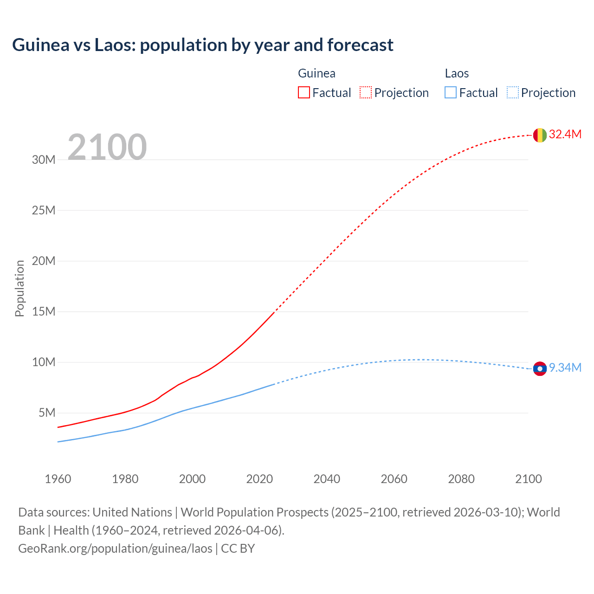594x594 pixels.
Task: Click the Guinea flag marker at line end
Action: click(539, 135)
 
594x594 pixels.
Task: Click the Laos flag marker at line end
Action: click(539, 368)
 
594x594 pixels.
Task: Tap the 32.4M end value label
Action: click(565, 135)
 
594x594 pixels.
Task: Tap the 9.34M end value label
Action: click(565, 368)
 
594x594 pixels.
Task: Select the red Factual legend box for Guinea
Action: click(303, 92)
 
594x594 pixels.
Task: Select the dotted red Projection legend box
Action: click(366, 92)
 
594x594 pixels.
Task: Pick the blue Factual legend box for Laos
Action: click(450, 92)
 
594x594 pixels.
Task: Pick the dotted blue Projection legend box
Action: click(512, 92)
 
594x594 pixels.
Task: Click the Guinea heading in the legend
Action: click(316, 73)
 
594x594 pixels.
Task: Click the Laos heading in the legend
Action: click(457, 73)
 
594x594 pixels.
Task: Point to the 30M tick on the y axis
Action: click(44, 160)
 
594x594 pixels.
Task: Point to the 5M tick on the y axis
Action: click(47, 413)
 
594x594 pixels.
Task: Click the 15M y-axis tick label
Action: click(44, 311)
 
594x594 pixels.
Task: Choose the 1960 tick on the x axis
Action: click(58, 479)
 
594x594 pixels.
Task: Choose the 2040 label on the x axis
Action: click(327, 479)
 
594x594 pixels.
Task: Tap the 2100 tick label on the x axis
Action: click(528, 479)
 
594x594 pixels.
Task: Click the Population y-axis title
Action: click(19, 288)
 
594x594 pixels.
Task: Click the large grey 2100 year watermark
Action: click(107, 147)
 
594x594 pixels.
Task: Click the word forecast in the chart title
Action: click(360, 45)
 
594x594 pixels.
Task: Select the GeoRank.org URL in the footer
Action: click(115, 549)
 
